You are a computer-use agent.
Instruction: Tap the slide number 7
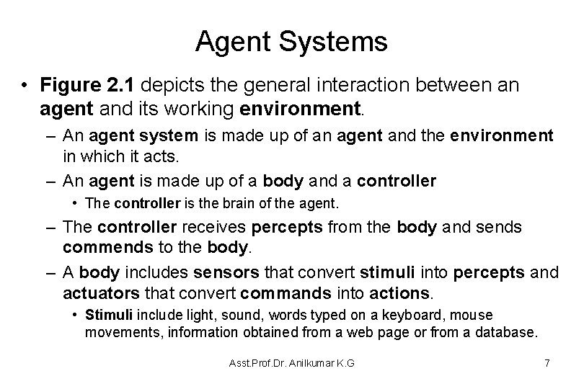pyautogui.click(x=547, y=362)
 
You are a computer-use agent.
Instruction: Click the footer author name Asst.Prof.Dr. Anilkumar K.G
pyautogui.click(x=292, y=363)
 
